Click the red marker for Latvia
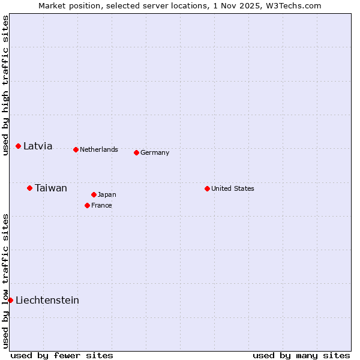[x=19, y=146]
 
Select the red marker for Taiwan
[x=29, y=188]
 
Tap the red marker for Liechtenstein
[x=10, y=300]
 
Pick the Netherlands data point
[x=76, y=149]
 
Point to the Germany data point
[x=136, y=152]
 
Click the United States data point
[x=207, y=188]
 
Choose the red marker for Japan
[x=94, y=194]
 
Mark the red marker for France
[x=87, y=205]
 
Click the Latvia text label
[x=38, y=146]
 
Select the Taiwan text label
[x=51, y=188]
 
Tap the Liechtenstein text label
[x=47, y=300]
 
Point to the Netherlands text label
[x=99, y=149]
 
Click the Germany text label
[x=155, y=152]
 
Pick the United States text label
[x=233, y=188]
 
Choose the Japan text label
[x=107, y=194]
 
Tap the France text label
[x=101, y=205]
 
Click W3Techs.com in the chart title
[x=294, y=5]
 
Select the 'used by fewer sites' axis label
[x=62, y=355]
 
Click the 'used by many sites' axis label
[x=301, y=355]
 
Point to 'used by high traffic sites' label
[x=5, y=85]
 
